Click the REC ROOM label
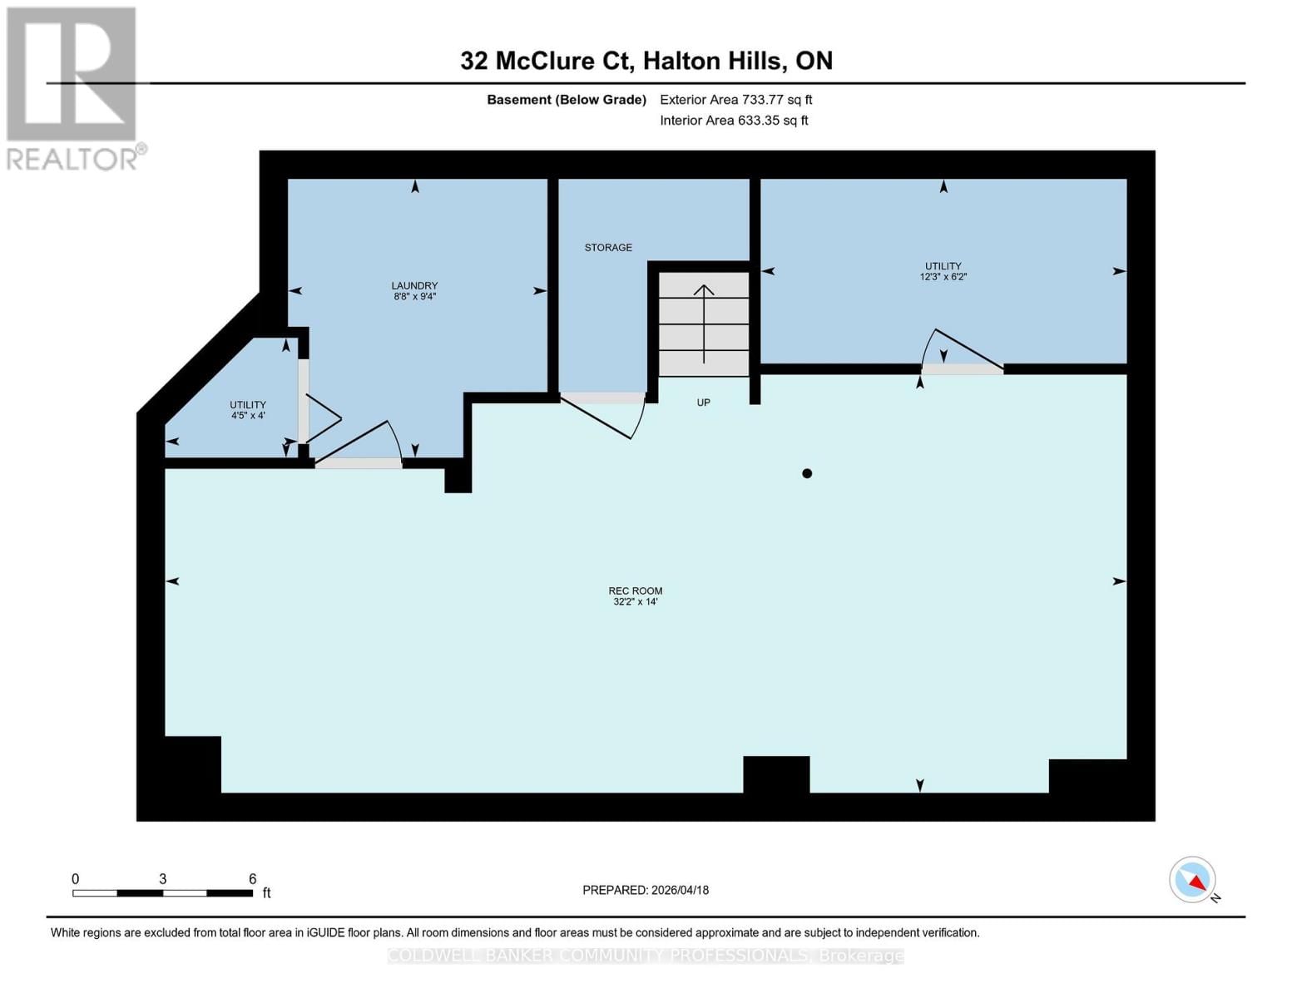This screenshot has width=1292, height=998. click(x=635, y=591)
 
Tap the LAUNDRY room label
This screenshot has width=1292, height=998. click(x=414, y=286)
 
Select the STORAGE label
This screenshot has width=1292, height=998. click(x=607, y=248)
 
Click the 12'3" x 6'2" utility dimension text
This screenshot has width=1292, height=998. click(x=943, y=277)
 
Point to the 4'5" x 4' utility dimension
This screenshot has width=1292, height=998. click(x=247, y=415)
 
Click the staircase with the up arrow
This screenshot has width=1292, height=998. click(x=704, y=324)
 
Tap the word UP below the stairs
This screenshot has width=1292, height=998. click(x=703, y=403)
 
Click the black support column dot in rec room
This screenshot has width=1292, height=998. click(x=806, y=473)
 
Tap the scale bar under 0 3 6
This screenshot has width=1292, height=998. click(x=162, y=893)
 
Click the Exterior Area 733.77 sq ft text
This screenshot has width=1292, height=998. click(x=735, y=100)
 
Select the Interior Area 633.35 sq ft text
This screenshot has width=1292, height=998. click(x=734, y=121)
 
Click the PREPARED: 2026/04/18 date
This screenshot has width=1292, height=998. click(x=645, y=890)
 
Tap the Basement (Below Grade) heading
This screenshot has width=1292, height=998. click(x=566, y=100)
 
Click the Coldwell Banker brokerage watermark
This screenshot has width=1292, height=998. click(x=645, y=956)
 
